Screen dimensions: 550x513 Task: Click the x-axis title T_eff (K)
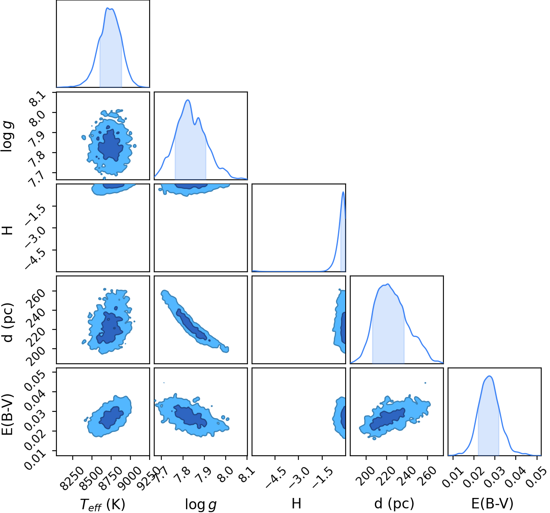point(103,504)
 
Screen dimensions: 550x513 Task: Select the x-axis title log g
point(201,504)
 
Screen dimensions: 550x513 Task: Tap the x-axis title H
point(296,503)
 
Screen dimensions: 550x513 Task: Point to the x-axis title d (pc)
point(394,504)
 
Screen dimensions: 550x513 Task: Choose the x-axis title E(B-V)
point(492,503)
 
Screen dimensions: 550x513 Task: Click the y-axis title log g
point(7,136)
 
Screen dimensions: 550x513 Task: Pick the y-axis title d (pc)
point(8,323)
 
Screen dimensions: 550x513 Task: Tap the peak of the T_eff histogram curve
point(107,8)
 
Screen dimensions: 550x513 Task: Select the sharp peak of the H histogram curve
point(344,192)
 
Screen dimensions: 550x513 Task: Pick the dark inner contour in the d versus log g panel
point(191,324)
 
